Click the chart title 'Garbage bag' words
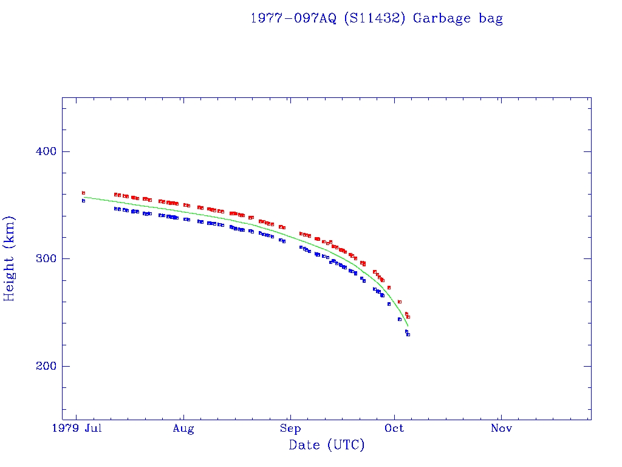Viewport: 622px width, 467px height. [458, 18]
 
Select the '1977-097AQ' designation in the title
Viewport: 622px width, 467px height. [294, 18]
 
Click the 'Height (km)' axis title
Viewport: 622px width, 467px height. [10, 258]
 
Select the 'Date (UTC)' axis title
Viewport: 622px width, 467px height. [327, 445]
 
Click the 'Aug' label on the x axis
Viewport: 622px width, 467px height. [183, 429]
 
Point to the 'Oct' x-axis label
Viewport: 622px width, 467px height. [395, 429]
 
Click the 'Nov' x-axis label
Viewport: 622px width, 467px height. [501, 429]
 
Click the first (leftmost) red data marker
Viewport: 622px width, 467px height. [83, 193]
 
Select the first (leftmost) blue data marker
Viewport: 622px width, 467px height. [83, 201]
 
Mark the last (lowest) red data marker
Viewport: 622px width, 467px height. [408, 317]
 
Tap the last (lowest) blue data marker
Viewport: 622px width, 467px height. [408, 334]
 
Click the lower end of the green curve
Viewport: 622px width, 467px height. [408, 327]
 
